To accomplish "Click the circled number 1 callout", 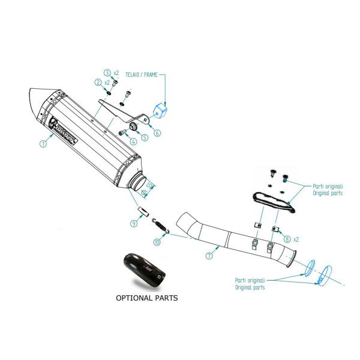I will click(43, 144).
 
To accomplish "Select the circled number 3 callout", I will click(107, 73).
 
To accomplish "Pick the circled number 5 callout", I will click(145, 137).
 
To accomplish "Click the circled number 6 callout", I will click(157, 133).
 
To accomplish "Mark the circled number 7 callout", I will click(209, 255).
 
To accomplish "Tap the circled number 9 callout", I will click(135, 223).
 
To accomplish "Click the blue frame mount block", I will click(160, 110).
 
